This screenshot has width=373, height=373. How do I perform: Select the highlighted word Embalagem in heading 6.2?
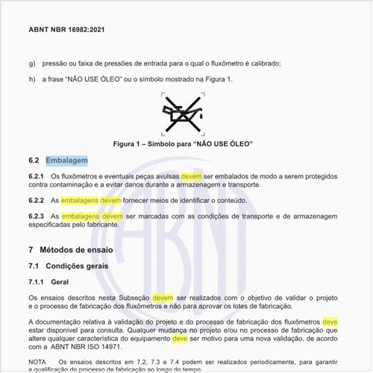(x=66, y=160)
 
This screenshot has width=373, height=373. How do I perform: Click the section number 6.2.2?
(x=37, y=201)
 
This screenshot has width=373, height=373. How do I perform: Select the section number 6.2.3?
(x=37, y=216)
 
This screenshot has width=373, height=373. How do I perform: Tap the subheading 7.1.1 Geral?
(x=48, y=282)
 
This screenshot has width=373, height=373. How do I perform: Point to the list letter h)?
(x=31, y=80)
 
